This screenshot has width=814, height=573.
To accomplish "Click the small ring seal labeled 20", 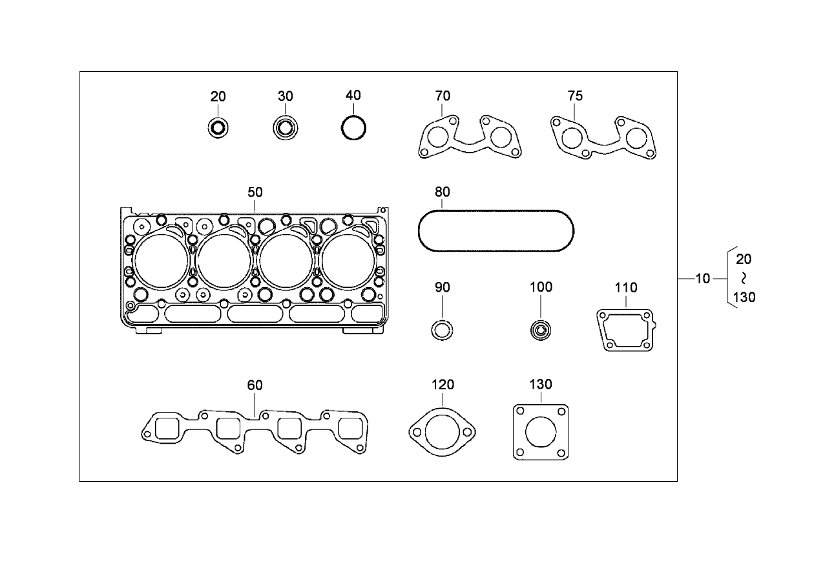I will point(218,128).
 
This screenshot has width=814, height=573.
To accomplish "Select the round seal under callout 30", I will point(284,127).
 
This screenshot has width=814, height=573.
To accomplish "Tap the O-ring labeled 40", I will point(354,127).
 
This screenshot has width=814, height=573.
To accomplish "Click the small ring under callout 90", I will point(442,330).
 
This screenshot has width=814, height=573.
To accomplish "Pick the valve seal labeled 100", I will point(539,330).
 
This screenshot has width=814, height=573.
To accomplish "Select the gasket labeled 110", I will point(625,330).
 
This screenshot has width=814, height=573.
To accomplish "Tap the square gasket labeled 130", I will point(540,433).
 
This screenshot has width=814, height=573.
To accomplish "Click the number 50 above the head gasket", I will point(255,192).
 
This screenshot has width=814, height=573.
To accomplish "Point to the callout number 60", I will point(255,385).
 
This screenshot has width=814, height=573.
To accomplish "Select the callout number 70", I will point(443,96).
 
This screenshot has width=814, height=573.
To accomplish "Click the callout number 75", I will point(575,96).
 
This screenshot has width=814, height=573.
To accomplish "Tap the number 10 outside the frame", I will point(703,279).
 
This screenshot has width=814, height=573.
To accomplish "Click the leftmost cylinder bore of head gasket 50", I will point(162,261).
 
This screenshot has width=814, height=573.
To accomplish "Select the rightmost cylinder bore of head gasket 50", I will point(348,261).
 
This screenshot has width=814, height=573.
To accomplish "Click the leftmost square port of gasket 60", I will point(167,429).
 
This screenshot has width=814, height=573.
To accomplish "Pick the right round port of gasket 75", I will point(636,138).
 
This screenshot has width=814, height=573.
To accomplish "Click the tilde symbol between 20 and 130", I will point(744,278).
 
